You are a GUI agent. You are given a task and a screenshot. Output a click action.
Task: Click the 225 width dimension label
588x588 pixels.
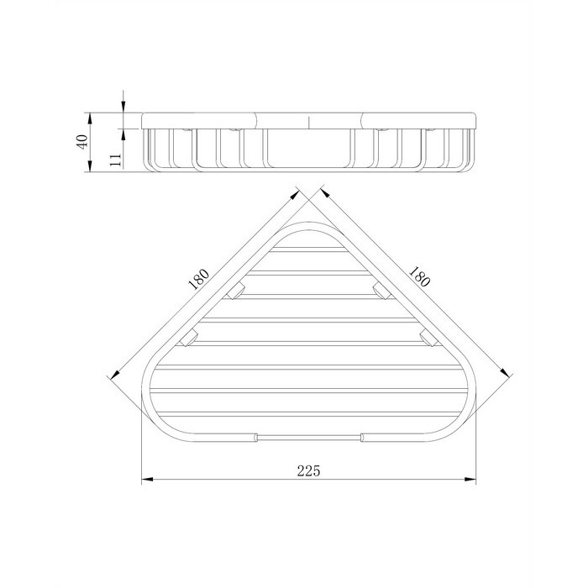tap(308, 470)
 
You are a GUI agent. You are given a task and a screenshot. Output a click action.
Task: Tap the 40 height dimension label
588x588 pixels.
tap(82, 141)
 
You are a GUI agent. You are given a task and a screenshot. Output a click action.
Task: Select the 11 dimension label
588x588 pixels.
tap(116, 160)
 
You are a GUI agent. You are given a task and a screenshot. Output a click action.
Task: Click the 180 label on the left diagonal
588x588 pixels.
tap(198, 279)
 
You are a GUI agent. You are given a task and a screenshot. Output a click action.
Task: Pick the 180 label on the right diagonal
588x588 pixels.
tap(418, 276)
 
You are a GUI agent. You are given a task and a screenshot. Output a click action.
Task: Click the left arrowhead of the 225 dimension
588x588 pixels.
tap(147, 480)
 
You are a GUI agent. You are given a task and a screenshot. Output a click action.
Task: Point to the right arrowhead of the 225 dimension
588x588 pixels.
tap(470, 480)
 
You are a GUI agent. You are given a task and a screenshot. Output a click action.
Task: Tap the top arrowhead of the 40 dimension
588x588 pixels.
tap(89, 118)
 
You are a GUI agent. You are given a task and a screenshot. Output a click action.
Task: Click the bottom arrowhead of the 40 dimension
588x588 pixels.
tap(89, 165)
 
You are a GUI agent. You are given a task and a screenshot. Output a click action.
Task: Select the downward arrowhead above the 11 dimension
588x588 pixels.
tap(123, 107)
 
